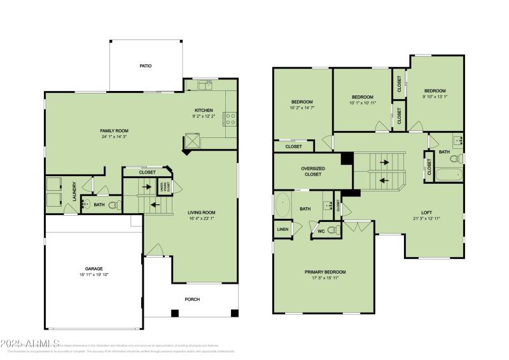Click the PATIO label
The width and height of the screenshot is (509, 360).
(146, 66)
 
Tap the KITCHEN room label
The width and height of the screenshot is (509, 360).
(204, 110)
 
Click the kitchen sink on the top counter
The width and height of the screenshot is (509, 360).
(204, 85)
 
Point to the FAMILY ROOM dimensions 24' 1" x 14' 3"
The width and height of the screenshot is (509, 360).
(115, 137)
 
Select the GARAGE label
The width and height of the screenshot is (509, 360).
(94, 268)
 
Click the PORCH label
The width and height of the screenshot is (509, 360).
(192, 299)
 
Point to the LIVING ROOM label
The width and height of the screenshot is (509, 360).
(201, 212)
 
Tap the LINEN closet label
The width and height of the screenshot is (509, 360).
(282, 228)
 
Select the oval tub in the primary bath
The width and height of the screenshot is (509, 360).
(283, 206)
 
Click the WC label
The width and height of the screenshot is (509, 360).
(321, 230)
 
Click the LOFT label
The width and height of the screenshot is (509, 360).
(426, 212)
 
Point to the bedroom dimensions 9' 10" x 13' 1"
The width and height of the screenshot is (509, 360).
(435, 97)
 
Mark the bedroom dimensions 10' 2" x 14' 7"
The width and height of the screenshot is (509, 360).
(302, 108)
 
